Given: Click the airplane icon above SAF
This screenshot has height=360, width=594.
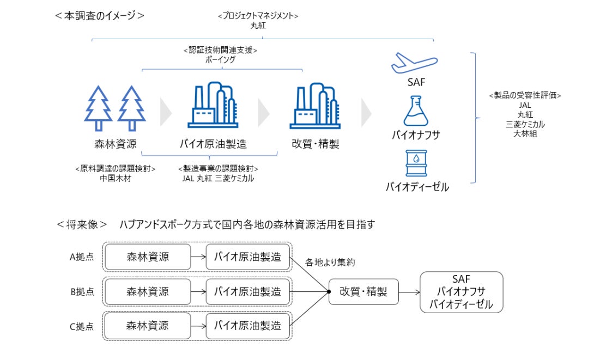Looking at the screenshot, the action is (x=414, y=63).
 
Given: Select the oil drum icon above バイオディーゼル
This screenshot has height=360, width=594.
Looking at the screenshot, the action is (x=416, y=163).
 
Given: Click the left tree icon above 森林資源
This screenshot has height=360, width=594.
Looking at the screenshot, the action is (x=98, y=108).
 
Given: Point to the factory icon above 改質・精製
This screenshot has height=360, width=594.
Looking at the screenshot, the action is (x=315, y=106).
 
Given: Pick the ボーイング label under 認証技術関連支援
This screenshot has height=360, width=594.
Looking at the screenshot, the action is (x=220, y=60).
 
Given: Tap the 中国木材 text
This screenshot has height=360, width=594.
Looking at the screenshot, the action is (x=116, y=178).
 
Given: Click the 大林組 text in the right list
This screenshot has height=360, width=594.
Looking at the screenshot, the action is (x=525, y=133).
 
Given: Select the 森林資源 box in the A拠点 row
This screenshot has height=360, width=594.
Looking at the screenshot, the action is (x=148, y=257).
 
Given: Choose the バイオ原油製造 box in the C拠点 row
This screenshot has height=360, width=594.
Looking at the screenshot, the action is (x=248, y=326).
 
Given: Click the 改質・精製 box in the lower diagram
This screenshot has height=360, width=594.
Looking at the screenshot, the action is (x=363, y=292).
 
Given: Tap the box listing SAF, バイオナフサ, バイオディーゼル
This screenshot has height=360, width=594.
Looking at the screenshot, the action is (x=461, y=292).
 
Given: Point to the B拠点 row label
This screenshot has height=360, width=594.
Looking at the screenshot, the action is (x=82, y=292).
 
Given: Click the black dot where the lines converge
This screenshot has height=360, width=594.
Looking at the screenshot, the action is (x=329, y=292).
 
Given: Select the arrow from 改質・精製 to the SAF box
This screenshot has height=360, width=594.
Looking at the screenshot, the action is (x=409, y=292).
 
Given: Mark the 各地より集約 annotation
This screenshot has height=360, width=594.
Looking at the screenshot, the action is (x=330, y=263).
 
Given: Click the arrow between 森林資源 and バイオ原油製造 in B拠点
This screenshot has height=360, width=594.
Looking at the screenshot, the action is (x=198, y=292).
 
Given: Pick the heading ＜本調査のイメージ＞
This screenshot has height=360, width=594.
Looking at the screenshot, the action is (x=100, y=15).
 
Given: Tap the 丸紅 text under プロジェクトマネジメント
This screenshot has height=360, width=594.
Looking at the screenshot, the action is (x=258, y=26).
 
